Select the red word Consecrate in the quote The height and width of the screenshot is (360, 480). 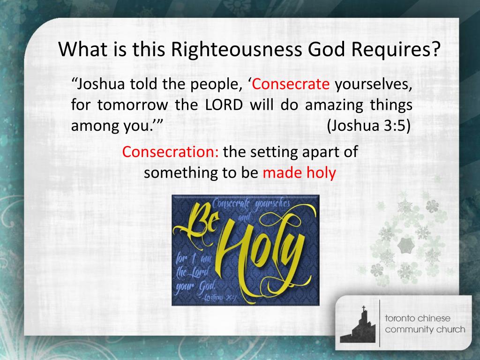point(291,84)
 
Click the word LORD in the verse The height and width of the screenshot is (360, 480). point(224,105)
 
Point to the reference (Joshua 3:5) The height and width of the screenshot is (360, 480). point(368,126)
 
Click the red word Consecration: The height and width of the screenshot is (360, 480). point(170,151)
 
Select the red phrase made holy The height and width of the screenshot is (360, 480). point(299,172)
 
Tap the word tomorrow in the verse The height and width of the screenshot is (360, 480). point(133,105)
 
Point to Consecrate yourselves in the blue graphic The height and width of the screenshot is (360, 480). point(251,203)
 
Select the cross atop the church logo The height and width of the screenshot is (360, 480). point(364,308)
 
